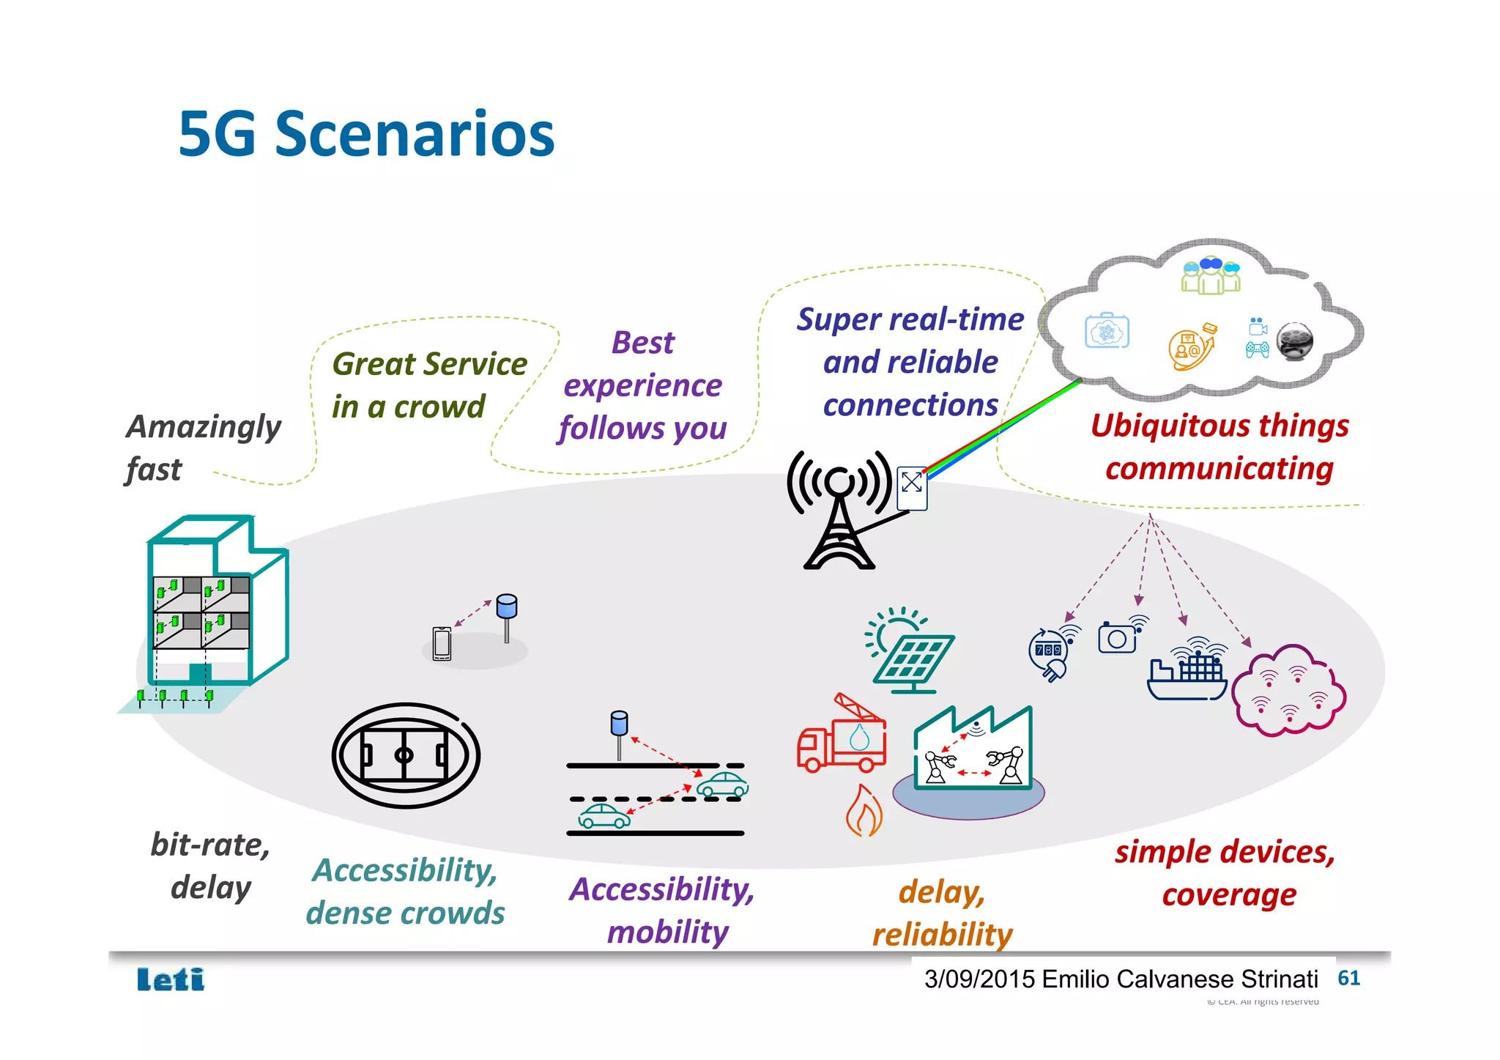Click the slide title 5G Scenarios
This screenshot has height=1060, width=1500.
coord(366,134)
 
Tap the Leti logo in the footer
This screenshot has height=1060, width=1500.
coord(171,979)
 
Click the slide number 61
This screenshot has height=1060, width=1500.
coord(1348,978)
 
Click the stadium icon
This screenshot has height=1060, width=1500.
coord(406,755)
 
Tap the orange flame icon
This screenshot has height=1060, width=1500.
coord(864,812)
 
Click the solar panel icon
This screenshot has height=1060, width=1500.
coord(910,653)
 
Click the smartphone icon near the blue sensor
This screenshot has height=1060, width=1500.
coord(442,644)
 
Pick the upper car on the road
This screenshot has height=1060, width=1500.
coord(722,785)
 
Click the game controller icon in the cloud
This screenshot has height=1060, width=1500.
coord(1258,349)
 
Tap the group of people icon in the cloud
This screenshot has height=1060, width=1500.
coord(1211,275)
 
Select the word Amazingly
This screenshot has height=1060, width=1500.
coord(204,427)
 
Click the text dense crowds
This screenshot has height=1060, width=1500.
coord(405,913)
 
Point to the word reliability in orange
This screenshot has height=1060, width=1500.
coord(942,934)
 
